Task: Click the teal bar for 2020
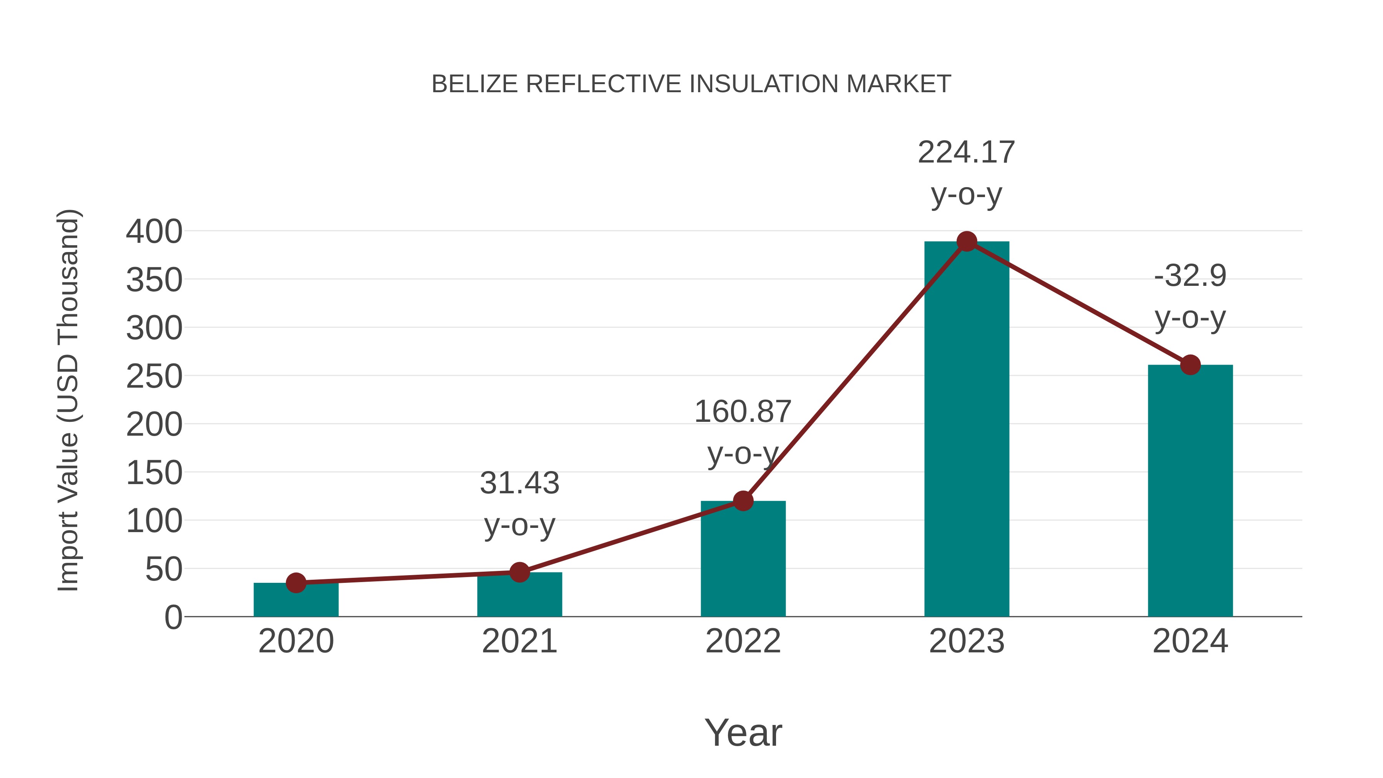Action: [296, 601]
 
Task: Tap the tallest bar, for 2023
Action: [967, 430]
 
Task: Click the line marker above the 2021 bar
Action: [519, 572]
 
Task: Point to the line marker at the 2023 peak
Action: [967, 242]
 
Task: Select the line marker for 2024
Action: [1190, 365]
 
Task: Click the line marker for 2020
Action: [296, 582]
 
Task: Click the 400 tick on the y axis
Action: [154, 232]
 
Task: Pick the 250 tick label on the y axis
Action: [154, 377]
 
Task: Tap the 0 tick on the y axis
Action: [173, 617]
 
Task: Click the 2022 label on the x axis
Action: [743, 642]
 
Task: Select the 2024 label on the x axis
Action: [1190, 642]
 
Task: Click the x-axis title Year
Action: [743, 733]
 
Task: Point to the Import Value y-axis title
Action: [69, 400]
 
